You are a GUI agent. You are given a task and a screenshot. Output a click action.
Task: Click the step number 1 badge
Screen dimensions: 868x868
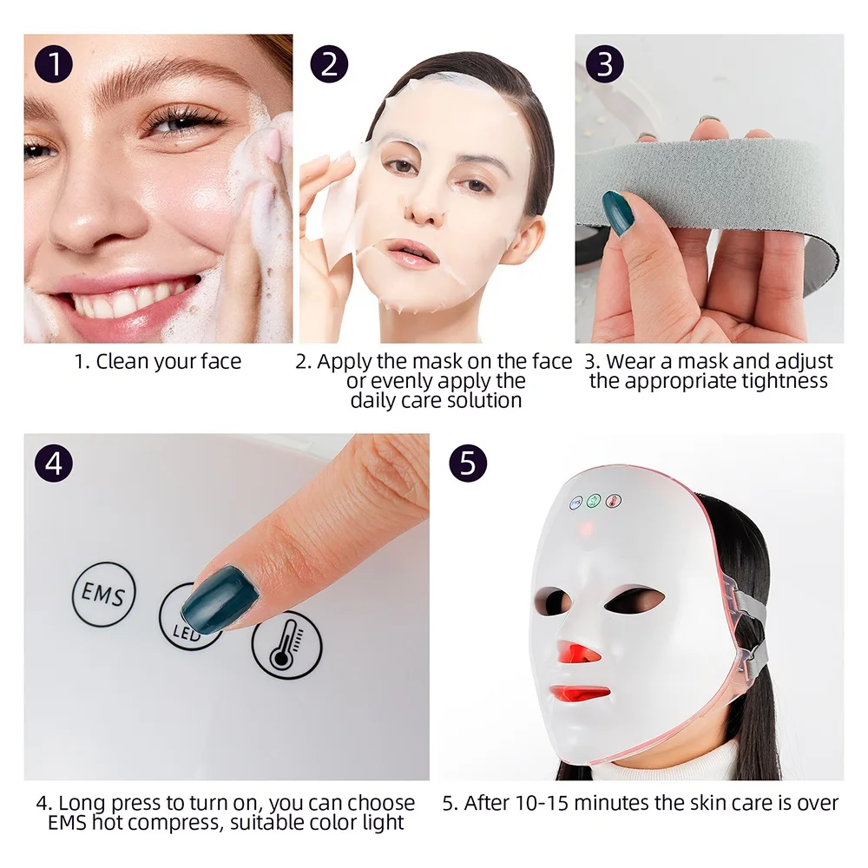[54, 64]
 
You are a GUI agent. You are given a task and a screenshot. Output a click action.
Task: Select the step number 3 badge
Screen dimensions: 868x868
[605, 64]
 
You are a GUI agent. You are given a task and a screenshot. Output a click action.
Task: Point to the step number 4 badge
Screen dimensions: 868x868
[54, 464]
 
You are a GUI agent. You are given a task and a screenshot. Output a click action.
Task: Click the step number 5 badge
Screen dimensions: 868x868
[467, 464]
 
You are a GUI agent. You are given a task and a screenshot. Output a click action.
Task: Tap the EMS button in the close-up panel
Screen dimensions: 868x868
[104, 595]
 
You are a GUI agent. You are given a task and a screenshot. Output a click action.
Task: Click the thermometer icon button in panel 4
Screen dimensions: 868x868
[286, 644]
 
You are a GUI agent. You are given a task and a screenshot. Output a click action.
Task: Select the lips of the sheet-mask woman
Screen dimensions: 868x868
[411, 253]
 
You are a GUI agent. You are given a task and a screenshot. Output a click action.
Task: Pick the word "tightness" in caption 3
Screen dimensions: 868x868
[785, 381]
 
